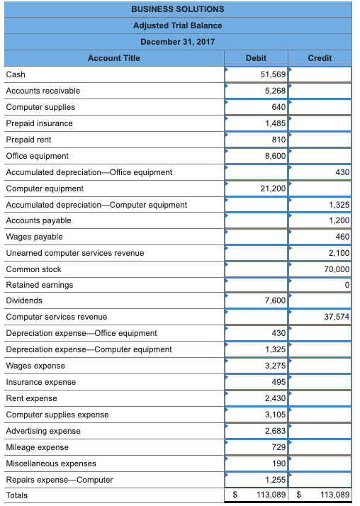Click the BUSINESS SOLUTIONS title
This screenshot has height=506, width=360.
(177, 9)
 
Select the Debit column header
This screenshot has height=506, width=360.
(256, 58)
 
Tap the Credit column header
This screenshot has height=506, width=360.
(320, 58)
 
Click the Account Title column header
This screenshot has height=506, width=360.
(113, 58)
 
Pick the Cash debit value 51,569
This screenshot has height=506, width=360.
(273, 74)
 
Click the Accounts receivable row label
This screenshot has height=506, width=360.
(43, 91)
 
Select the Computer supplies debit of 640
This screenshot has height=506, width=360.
(279, 107)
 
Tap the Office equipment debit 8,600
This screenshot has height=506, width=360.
(275, 156)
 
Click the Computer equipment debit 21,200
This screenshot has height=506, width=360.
(273, 189)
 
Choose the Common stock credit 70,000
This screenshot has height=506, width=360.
(337, 269)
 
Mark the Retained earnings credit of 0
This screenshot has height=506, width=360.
(347, 285)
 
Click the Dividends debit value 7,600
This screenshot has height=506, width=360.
(275, 301)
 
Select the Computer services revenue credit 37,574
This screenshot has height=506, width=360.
(337, 317)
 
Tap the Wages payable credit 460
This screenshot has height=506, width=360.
(342, 237)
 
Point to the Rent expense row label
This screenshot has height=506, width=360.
(31, 398)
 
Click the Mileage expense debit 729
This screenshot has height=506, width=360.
(279, 447)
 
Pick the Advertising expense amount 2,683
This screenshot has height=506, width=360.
(275, 431)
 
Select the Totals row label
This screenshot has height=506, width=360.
(17, 495)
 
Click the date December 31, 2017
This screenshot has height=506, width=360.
(177, 42)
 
